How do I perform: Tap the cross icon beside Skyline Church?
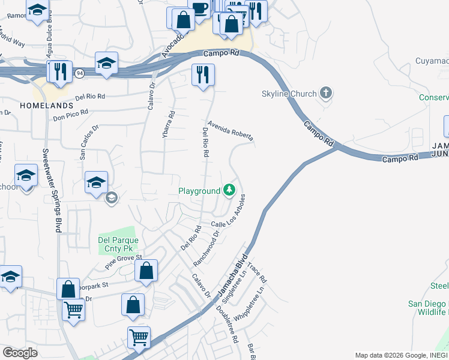tap(326, 93)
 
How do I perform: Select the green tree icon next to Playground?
tap(229, 191)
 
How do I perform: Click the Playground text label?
tap(199, 191)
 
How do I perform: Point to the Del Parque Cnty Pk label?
tap(118, 244)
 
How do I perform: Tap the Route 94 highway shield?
tap(79, 73)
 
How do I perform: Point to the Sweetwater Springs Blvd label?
tap(52, 191)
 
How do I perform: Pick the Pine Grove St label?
tap(123, 261)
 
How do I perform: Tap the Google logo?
tap(20, 353)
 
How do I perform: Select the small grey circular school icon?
tap(111, 197)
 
